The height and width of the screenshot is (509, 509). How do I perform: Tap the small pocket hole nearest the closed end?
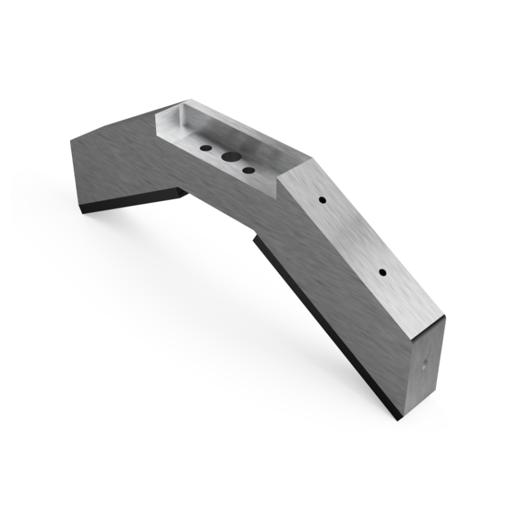(x=206, y=148)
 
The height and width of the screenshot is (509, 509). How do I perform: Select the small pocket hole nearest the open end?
(x=249, y=171)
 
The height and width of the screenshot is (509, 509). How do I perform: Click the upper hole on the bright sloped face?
(x=323, y=200)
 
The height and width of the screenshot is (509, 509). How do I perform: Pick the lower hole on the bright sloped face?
(x=382, y=272)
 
